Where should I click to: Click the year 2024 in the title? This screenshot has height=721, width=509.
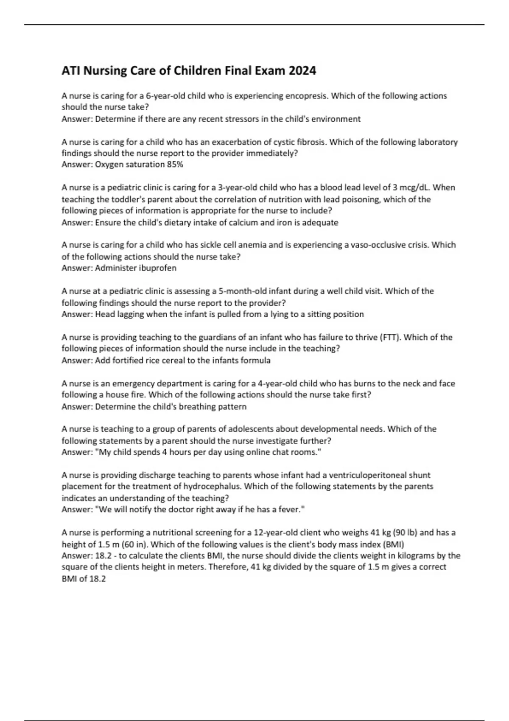(302, 70)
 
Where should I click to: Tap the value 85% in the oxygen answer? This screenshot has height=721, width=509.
(175, 165)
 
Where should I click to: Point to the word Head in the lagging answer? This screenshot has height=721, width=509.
(104, 314)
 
